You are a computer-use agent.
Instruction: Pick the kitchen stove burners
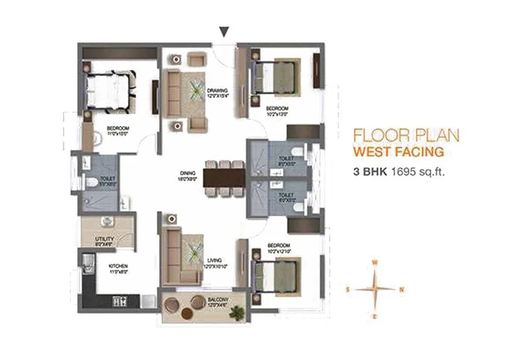(x=119, y=301)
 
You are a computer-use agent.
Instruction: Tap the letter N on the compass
(x=402, y=290)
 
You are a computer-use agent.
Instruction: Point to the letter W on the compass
(x=375, y=263)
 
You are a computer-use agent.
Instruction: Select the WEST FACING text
(x=398, y=151)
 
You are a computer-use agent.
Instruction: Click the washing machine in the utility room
(x=108, y=221)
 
